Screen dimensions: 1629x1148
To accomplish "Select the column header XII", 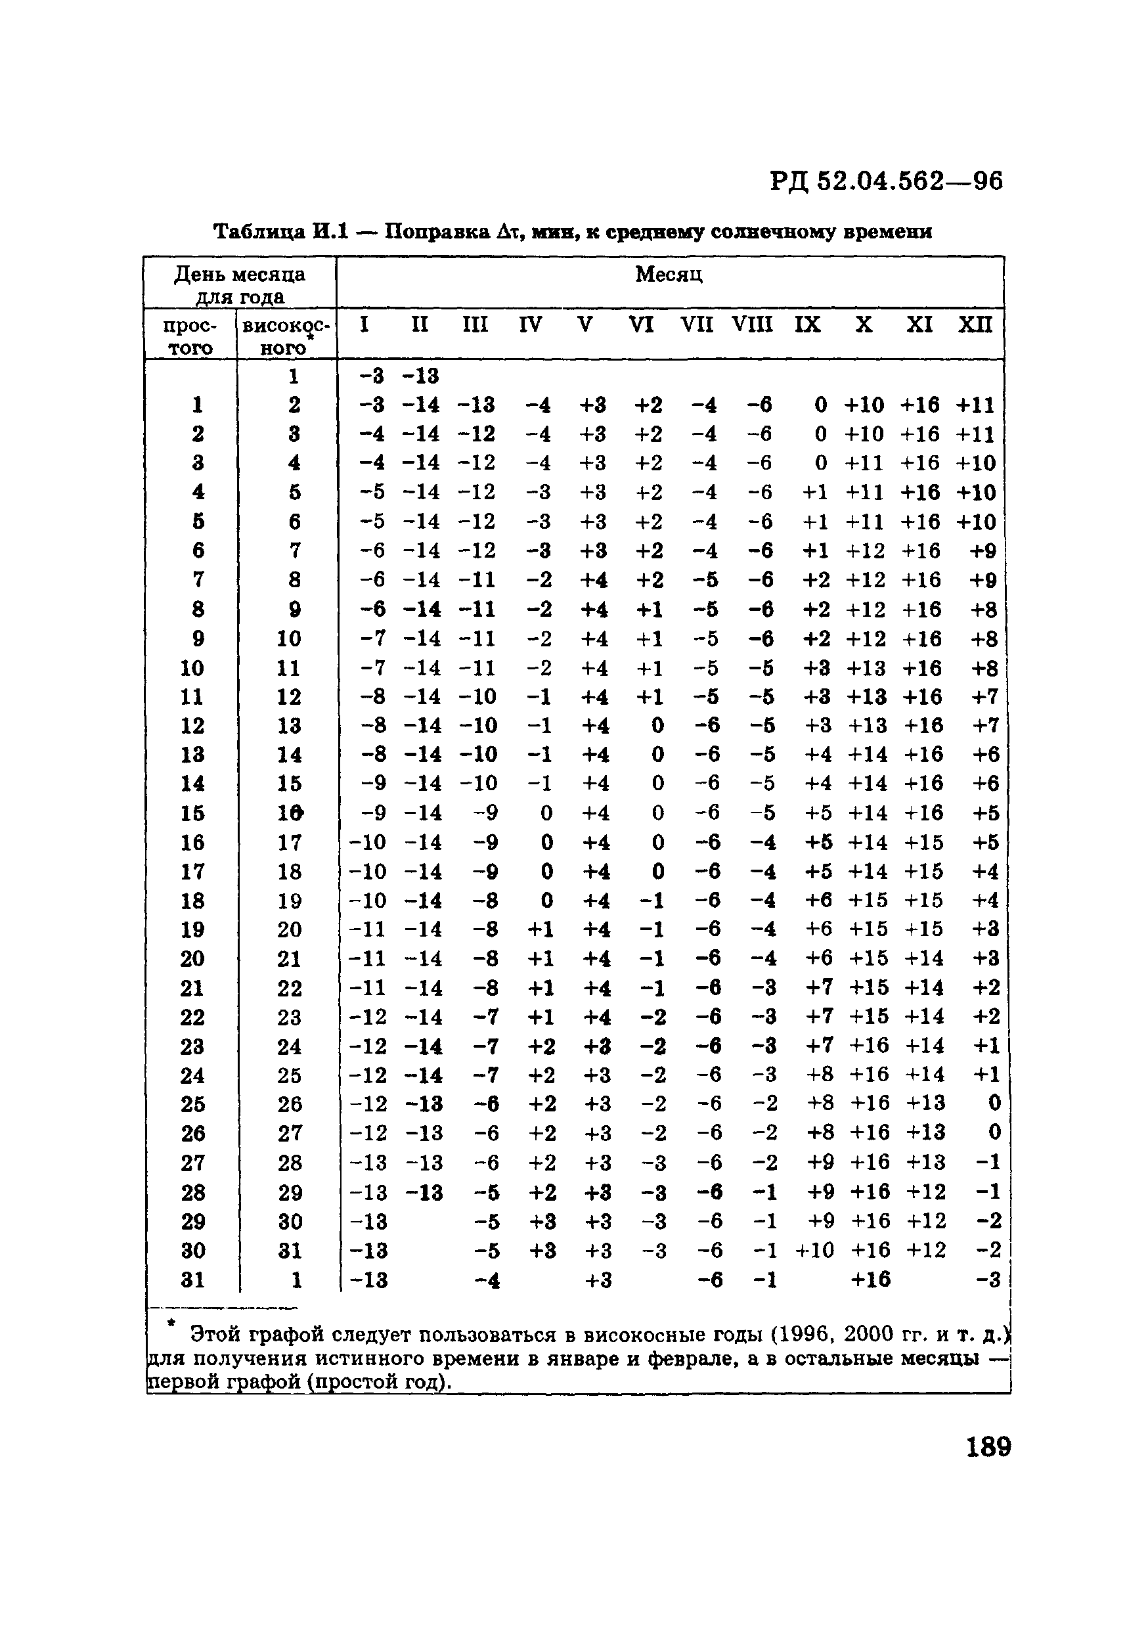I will click(x=975, y=325).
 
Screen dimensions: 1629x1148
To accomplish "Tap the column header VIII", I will click(x=752, y=325).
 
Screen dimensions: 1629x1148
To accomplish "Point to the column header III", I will click(x=475, y=325).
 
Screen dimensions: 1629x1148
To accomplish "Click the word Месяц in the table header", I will click(x=669, y=275).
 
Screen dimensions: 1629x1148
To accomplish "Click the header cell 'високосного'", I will click(x=286, y=336).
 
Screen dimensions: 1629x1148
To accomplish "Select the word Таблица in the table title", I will click(x=259, y=232).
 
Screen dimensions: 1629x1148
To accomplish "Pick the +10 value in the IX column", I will click(x=814, y=1250).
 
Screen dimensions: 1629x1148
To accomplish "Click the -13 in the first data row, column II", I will click(x=421, y=375).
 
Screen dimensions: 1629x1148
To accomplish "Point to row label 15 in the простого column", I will click(x=192, y=813).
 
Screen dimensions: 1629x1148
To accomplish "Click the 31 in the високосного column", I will click(x=290, y=1250).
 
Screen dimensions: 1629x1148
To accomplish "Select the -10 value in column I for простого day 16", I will click(x=368, y=842).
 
